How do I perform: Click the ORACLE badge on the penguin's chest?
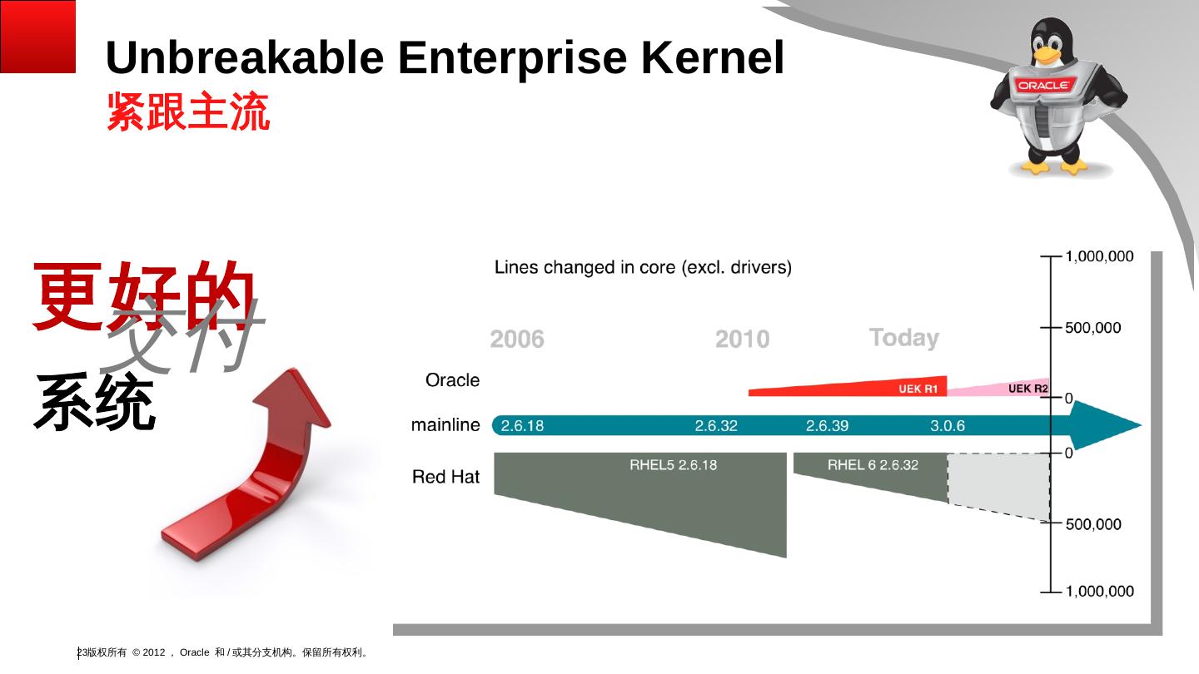[x=1045, y=85]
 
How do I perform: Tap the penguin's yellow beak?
[x=1046, y=56]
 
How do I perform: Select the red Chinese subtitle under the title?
[x=188, y=112]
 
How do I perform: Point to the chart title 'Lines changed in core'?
[x=643, y=268]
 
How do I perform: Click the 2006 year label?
[x=517, y=339]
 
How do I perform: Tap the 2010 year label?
[x=742, y=339]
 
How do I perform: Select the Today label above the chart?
[x=903, y=338]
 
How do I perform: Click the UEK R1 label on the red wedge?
[x=918, y=389]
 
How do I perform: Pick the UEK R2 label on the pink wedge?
[x=1027, y=389]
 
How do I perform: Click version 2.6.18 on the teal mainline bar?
[x=522, y=426]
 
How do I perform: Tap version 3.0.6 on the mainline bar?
[x=948, y=426]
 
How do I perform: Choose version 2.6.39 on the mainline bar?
[x=827, y=426]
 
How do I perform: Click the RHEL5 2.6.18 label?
[x=673, y=465]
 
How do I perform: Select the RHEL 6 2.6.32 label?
[x=873, y=465]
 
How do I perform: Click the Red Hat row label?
[x=446, y=477]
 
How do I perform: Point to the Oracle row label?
[x=452, y=380]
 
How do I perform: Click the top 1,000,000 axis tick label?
[x=1099, y=256]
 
